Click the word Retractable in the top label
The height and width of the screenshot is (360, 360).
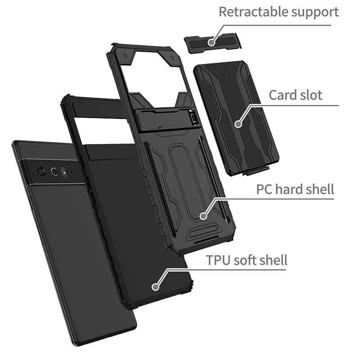(247, 12)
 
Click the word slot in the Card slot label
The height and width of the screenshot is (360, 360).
(311, 94)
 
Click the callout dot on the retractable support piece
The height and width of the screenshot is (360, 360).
(211, 42)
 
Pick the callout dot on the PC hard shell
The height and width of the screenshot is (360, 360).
(203, 217)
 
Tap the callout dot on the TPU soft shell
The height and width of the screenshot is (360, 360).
(156, 286)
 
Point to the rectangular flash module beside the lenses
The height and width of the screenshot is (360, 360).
(64, 171)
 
